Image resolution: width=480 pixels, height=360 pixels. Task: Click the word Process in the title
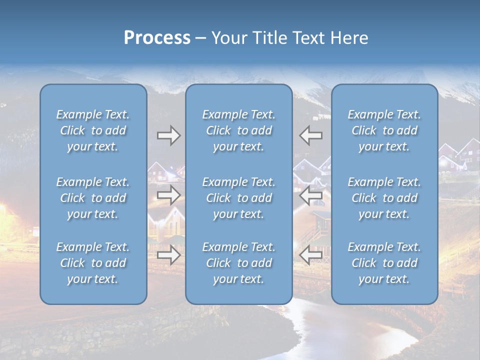tap(157, 38)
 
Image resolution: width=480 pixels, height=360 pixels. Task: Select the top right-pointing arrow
tap(168, 135)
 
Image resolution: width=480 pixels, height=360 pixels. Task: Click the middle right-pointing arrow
tap(168, 195)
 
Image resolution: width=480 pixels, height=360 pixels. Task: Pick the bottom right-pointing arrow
tap(168, 255)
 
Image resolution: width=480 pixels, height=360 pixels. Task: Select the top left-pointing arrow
tap(311, 135)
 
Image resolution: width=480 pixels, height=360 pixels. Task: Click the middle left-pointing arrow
tap(311, 195)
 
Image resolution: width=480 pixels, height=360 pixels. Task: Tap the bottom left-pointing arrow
tap(311, 255)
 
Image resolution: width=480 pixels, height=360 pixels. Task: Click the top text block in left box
tap(93, 130)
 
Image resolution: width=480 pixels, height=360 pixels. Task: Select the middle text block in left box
tap(93, 198)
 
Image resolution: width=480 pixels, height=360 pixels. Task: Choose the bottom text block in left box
tap(93, 263)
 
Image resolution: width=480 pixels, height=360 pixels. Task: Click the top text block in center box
tap(238, 130)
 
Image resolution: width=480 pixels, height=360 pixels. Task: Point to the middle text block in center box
tap(238, 198)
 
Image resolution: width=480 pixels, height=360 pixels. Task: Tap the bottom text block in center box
tap(238, 263)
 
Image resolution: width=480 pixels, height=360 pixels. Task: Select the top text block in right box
tap(384, 130)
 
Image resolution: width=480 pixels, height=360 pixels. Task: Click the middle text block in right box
tap(384, 198)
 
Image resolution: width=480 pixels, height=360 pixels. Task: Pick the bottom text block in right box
tap(384, 263)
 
